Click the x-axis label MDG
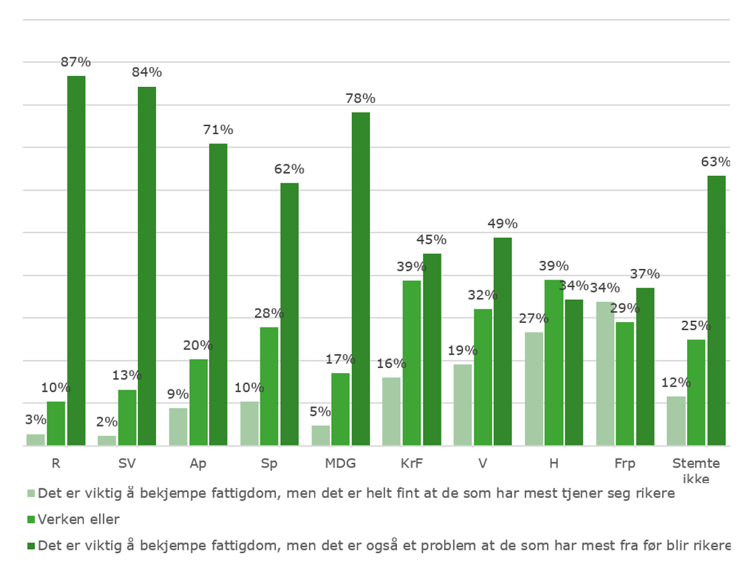[x=340, y=464]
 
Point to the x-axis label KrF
[x=411, y=464]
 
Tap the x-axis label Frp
[x=625, y=464]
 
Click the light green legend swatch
[x=30, y=493]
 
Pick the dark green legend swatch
[x=30, y=544]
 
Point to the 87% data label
[x=75, y=62]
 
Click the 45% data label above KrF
[x=431, y=239]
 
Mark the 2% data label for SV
[x=106, y=422]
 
